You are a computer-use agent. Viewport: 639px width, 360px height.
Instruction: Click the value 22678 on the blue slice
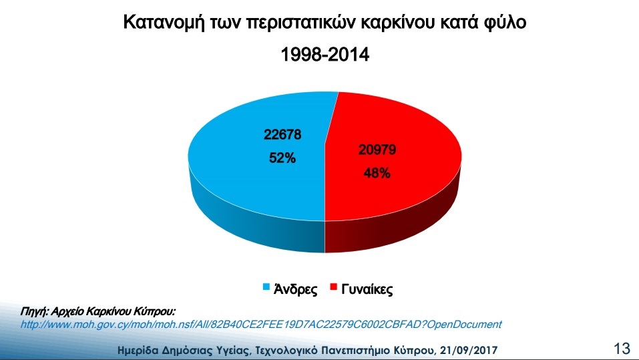pos(282,134)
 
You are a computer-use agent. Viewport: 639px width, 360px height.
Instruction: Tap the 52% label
pos(282,158)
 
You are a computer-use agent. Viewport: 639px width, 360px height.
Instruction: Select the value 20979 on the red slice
pos(377,150)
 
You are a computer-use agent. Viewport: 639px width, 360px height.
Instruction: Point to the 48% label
pos(377,173)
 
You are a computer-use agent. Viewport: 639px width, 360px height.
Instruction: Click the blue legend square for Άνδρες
pos(266,287)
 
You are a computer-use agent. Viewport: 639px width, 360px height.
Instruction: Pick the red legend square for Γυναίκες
pos(334,287)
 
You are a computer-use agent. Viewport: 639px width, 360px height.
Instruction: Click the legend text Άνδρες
pos(295,289)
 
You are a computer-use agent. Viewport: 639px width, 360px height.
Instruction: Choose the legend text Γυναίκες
pos(367,289)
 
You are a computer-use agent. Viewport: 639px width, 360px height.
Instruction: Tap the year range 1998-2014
pos(325,54)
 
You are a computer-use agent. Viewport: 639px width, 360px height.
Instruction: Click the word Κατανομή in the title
pos(164,23)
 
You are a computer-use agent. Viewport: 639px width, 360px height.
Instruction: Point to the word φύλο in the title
pos(503,23)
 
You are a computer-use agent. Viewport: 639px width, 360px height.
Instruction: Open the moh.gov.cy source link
pos(261,325)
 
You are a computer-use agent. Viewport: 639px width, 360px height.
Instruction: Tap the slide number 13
pos(622,349)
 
